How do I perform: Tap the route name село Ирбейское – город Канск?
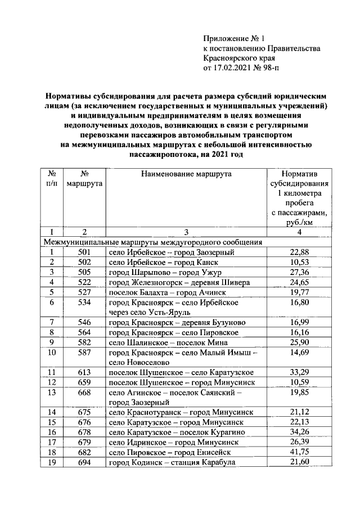[x=163, y=262]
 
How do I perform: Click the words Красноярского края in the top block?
[x=240, y=58]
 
